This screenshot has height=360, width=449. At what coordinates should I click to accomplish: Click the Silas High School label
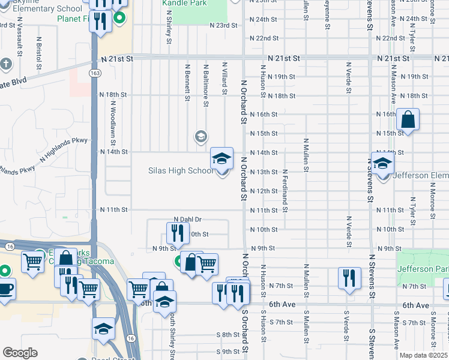180,171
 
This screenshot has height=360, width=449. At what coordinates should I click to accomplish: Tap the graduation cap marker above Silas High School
221,158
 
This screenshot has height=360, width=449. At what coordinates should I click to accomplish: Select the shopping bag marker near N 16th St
408,120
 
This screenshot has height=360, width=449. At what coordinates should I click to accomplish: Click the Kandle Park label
184,3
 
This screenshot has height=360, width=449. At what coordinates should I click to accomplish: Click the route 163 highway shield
96,73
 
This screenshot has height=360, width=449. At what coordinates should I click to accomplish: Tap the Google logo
20,353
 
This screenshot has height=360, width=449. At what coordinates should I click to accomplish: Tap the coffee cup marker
5,289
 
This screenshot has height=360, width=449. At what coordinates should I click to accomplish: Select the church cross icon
6,63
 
